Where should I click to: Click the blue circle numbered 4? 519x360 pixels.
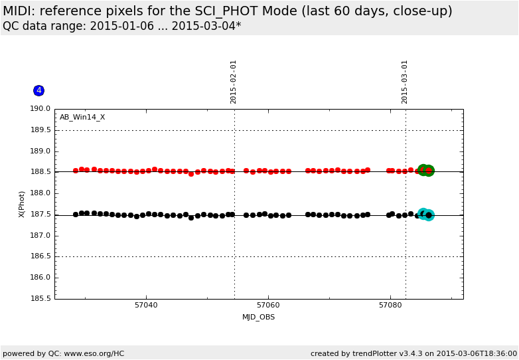coord(38,90)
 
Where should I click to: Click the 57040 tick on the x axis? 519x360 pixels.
coord(146,306)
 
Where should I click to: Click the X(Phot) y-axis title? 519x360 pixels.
coord(22,204)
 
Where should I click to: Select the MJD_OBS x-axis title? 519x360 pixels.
coord(258,317)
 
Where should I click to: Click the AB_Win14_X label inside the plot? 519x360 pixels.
coord(82,118)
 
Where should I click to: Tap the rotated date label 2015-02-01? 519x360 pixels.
coord(234,82)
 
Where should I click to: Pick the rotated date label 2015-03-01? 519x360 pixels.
coord(405,82)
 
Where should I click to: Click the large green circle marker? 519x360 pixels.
coord(429,171)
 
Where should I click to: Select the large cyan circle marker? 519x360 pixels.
coord(429,215)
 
